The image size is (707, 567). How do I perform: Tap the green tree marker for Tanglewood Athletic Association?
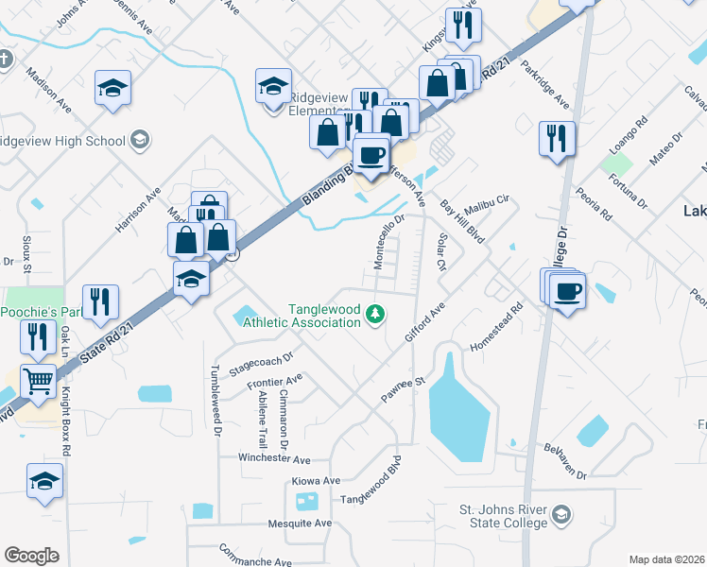[375, 313]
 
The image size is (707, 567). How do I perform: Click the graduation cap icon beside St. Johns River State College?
[561, 515]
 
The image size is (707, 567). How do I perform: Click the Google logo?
[31, 556]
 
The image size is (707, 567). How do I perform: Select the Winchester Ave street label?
[274, 460]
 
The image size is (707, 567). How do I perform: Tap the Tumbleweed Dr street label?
[216, 401]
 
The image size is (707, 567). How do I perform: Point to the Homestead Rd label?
[496, 327]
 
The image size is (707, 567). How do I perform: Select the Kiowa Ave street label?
[316, 481]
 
